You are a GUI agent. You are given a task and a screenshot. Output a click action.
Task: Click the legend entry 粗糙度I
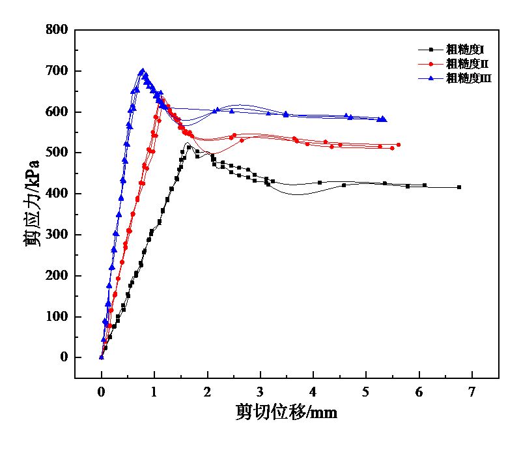(x=464, y=49)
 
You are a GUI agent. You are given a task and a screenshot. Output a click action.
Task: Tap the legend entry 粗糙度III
(x=468, y=78)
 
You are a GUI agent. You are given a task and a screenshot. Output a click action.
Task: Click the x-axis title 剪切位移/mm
(x=287, y=412)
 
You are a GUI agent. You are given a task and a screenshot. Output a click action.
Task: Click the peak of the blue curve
(x=142, y=70)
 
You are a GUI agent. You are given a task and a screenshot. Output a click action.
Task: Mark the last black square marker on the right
(x=459, y=187)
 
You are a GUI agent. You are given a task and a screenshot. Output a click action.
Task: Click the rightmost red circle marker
(x=399, y=145)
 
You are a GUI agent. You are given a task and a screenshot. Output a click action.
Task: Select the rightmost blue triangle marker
(x=384, y=119)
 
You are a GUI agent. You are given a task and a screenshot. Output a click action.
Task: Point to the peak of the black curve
(x=188, y=143)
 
